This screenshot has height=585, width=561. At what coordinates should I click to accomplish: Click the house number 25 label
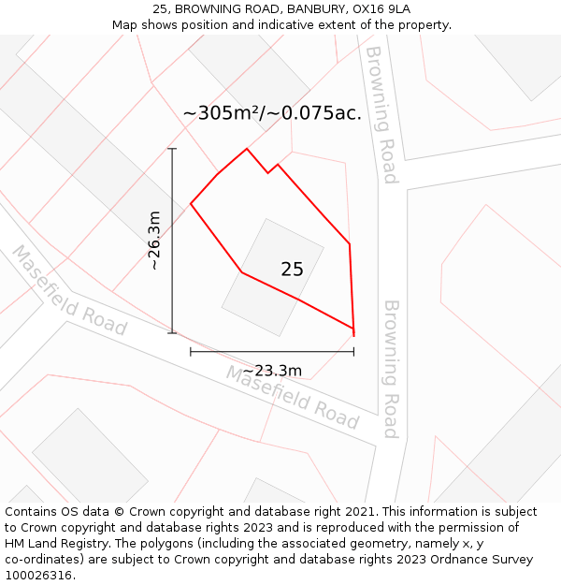tap(292, 270)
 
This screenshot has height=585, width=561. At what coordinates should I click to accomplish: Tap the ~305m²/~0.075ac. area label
tap(272, 113)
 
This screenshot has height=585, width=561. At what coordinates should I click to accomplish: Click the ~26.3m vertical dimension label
tap(155, 241)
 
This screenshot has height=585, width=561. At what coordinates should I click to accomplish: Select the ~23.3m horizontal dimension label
tap(272, 371)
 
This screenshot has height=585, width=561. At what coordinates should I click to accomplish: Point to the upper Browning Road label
tap(381, 114)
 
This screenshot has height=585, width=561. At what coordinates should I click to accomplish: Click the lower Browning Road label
tap(391, 369)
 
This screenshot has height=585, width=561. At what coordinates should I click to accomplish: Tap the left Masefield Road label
tap(69, 290)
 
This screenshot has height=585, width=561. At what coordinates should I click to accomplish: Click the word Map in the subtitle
tap(125, 24)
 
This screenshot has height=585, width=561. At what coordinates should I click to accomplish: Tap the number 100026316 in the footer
tap(38, 575)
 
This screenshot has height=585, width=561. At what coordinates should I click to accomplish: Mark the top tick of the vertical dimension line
tap(172, 149)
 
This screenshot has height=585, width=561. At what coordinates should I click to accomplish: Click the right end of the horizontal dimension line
tap(353, 352)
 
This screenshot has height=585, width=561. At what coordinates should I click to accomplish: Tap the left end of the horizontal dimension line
tap(191, 352)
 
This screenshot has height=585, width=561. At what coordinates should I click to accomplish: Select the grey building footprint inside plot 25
tap(271, 278)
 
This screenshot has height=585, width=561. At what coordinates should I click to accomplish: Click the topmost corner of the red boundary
tap(247, 149)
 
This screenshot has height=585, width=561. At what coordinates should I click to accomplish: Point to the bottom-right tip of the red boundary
tap(353, 334)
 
